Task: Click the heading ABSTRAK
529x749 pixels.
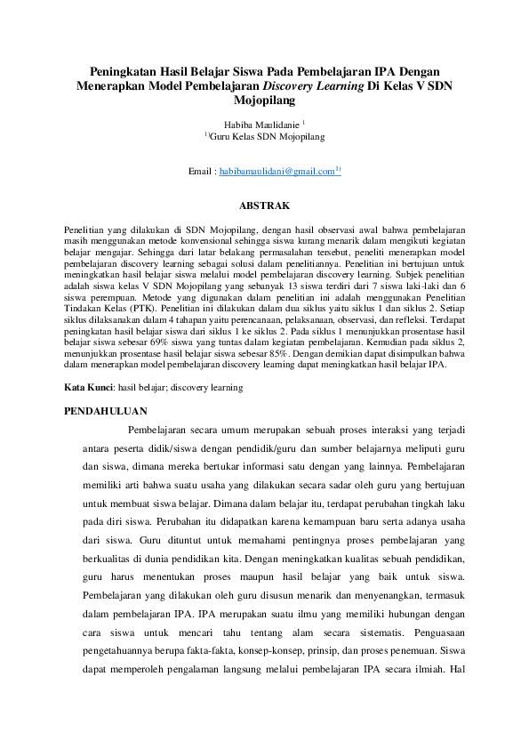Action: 264,205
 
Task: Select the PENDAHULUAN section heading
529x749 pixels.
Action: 108,410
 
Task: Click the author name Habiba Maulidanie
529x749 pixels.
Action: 260,124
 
